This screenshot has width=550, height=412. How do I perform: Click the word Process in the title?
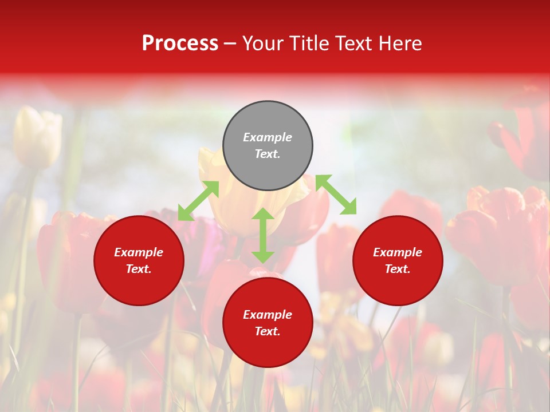coord(180,43)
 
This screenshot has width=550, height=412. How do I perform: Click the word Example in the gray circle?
coord(268,137)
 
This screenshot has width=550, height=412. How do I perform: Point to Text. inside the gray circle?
coord(268,154)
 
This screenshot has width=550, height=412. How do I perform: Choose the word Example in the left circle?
coord(139,252)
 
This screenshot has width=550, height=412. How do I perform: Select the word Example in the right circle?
coord(398,252)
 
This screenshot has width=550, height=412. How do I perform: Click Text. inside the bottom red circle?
coord(268,331)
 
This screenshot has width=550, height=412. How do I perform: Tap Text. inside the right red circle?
coord(398,269)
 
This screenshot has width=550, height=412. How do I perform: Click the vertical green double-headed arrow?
coord(263,235)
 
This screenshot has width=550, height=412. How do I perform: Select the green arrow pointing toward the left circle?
coord(198,201)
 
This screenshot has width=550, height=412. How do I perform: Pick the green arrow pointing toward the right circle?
coord(336,195)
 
